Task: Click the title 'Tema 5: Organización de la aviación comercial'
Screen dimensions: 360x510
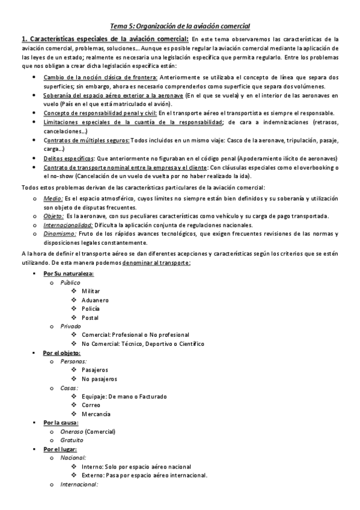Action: [x=180, y=26]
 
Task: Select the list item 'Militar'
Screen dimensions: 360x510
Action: [x=91, y=290]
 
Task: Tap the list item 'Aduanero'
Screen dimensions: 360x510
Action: [x=95, y=300]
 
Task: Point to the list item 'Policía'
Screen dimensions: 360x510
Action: [x=91, y=309]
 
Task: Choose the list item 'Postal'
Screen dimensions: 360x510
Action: [x=90, y=318]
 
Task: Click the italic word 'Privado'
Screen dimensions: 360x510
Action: [x=71, y=326]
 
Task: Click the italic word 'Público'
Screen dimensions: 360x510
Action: [x=71, y=282]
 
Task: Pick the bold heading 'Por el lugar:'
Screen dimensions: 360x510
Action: [x=60, y=449]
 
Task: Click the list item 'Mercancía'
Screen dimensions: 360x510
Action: [x=96, y=414]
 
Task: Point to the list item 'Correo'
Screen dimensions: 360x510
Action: [x=91, y=405]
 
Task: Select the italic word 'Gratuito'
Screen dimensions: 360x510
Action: [x=72, y=440]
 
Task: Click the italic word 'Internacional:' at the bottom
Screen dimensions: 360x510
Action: [x=79, y=484]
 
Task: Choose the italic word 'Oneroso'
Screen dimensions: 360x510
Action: [x=72, y=431]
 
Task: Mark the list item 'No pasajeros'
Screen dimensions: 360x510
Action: [x=99, y=379]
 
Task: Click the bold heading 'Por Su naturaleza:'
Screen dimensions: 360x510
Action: [x=68, y=274]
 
